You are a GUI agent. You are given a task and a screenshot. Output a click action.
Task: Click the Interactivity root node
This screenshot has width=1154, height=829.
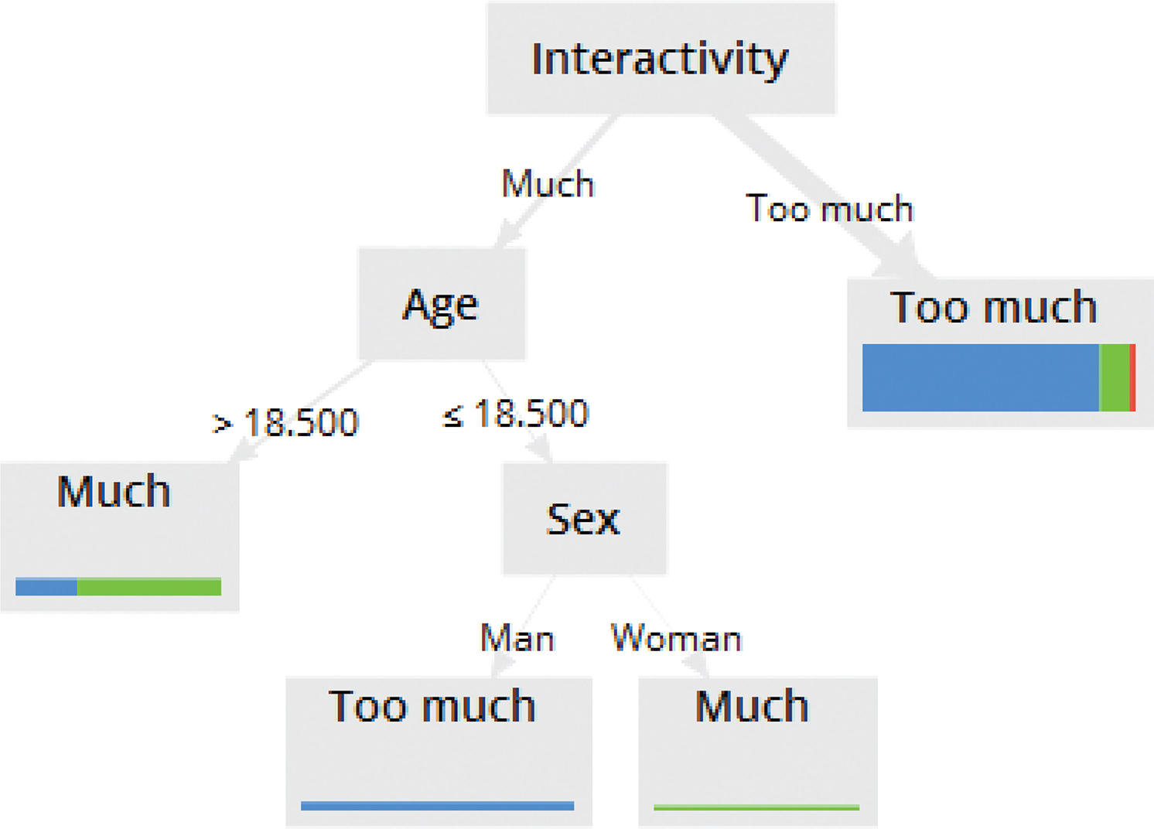(x=661, y=58)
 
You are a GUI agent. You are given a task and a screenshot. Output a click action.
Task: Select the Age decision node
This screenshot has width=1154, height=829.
(x=442, y=304)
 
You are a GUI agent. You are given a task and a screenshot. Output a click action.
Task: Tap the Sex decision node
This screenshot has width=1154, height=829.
(x=585, y=518)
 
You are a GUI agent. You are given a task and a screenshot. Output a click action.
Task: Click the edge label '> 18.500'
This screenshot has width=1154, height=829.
(x=285, y=422)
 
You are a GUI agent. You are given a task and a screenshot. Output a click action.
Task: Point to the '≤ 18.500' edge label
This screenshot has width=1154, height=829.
(x=515, y=413)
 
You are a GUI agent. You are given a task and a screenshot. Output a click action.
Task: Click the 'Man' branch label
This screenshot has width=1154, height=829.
(x=517, y=638)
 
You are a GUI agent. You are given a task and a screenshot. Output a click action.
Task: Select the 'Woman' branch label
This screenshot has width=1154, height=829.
(x=676, y=638)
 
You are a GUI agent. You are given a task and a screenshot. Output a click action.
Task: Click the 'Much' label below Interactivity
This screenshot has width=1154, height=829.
(x=548, y=183)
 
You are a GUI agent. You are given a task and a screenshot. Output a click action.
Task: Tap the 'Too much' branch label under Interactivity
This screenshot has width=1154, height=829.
(x=829, y=208)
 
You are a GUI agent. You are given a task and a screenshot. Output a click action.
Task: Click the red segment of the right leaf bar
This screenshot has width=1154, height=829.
(x=1132, y=377)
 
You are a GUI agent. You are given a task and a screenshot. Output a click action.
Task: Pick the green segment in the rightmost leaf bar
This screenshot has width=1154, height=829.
(x=1115, y=377)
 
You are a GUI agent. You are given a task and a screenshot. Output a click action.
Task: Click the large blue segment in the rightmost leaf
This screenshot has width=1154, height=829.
(x=981, y=377)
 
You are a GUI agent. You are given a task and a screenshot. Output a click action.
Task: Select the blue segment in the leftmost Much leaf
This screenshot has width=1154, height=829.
(x=46, y=587)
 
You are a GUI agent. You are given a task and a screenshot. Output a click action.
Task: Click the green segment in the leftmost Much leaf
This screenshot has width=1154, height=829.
(x=149, y=587)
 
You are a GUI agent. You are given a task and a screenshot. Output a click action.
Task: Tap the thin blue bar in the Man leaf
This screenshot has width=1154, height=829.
(x=437, y=806)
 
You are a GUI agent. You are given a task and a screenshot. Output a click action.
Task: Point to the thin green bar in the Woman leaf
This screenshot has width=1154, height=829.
(x=756, y=807)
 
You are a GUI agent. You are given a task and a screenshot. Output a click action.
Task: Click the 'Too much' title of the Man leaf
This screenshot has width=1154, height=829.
(x=432, y=706)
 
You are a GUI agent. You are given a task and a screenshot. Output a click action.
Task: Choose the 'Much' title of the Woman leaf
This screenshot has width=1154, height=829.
(x=752, y=706)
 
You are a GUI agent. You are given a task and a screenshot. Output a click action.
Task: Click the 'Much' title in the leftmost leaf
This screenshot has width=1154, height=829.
(x=114, y=492)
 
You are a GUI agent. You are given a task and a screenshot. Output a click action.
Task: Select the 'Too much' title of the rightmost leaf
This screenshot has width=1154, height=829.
(x=993, y=307)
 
